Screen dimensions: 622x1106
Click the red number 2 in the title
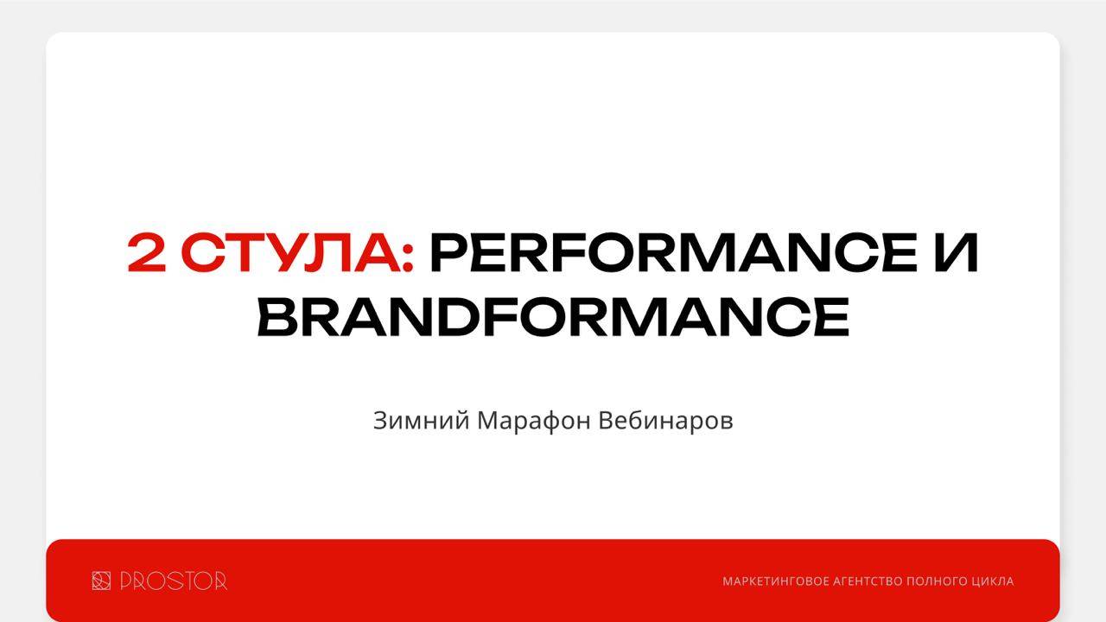[147, 252]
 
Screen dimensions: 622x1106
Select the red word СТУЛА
[289, 252]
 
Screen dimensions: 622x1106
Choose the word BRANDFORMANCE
[553, 316]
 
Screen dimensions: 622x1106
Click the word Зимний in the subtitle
[422, 421]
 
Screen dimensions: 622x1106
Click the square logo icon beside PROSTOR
[101, 581]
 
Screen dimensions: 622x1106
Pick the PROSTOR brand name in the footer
[174, 581]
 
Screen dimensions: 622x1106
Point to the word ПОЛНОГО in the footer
[934, 581]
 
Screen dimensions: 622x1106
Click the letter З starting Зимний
[381, 421]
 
